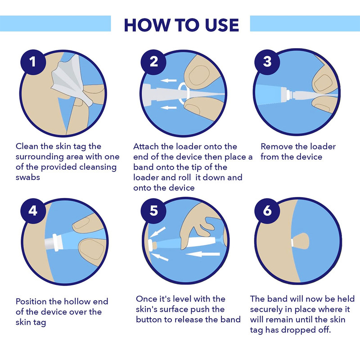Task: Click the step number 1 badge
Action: point(33,62)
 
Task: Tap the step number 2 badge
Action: point(153,62)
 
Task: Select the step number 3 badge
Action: point(267,62)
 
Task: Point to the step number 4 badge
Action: point(33,211)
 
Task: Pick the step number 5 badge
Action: point(153,211)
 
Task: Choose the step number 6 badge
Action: point(267,211)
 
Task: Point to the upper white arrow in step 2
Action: point(168,81)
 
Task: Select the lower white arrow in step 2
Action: point(168,108)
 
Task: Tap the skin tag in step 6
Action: point(301,242)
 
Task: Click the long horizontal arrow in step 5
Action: point(202,254)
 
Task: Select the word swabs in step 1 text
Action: point(28,177)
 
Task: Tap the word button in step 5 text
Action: point(148,319)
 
